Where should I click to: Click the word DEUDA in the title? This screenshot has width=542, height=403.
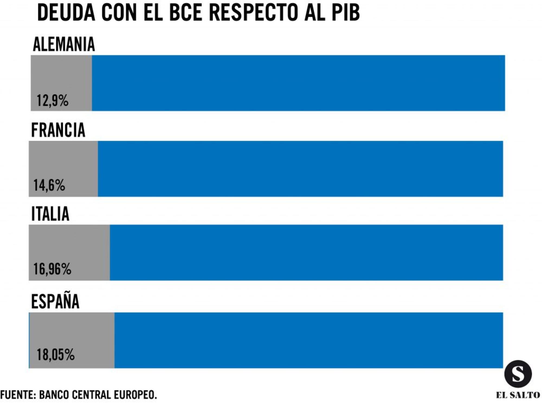click(66, 13)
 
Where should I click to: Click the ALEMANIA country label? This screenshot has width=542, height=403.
click(64, 44)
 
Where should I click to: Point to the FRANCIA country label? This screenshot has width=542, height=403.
click(58, 130)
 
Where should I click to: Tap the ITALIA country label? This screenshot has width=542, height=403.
click(50, 214)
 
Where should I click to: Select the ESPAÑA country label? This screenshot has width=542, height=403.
click(55, 301)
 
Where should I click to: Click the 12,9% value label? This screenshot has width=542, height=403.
click(52, 101)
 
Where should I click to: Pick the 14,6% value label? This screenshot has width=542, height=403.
click(49, 185)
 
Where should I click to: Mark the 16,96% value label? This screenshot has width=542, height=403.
click(52, 269)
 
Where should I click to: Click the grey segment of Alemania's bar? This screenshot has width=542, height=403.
click(61, 76)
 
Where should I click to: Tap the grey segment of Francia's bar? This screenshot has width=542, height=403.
click(63, 160)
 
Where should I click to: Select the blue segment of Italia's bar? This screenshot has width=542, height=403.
click(306, 252)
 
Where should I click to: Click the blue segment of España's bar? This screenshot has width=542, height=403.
click(308, 340)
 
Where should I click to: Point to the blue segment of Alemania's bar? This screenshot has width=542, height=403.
click(298, 83)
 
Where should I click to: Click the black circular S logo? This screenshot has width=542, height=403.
click(518, 374)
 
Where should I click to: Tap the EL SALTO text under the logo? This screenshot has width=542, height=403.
click(518, 395)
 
